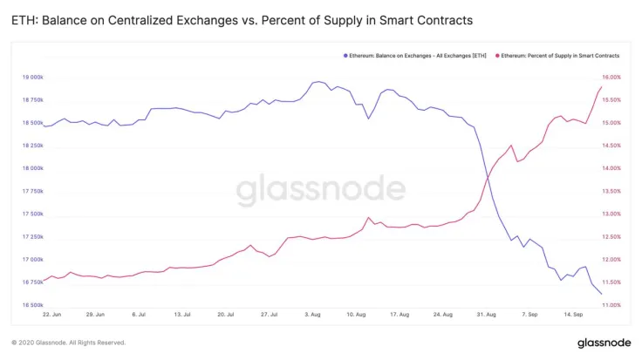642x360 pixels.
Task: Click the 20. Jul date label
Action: click(x=227, y=314)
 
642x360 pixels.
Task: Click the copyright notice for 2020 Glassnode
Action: click(x=68, y=343)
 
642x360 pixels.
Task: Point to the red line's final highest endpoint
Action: click(x=602, y=85)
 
